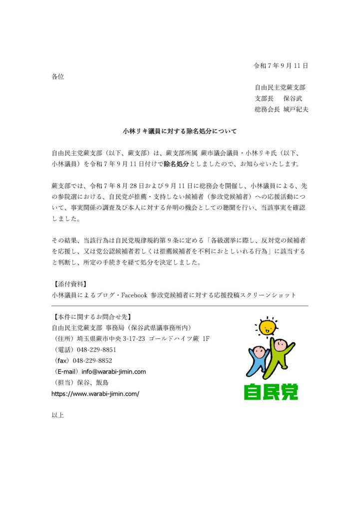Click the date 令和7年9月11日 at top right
click(x=281, y=65)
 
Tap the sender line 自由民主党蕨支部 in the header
click(x=280, y=87)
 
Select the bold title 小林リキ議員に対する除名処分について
click(x=180, y=132)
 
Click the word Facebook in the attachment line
click(x=134, y=295)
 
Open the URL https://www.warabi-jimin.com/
click(x=95, y=394)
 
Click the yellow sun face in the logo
click(x=267, y=327)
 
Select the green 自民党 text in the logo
click(x=271, y=390)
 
